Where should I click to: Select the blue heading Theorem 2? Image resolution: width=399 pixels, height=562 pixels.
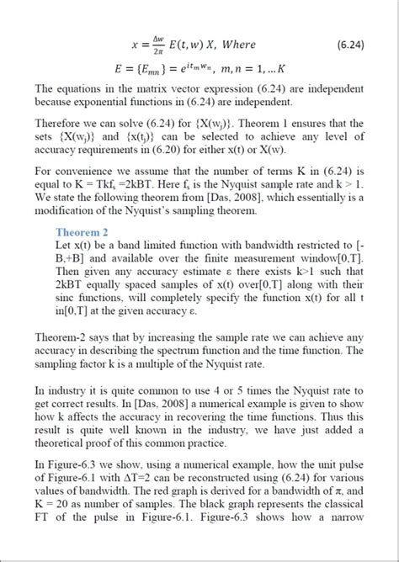pos(82,232)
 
